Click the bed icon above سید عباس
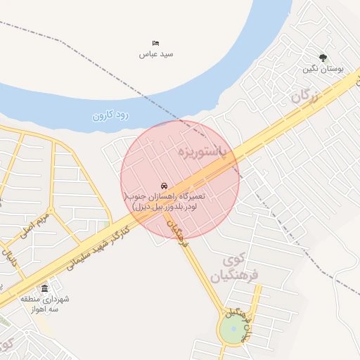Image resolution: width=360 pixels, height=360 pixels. pos(155,44)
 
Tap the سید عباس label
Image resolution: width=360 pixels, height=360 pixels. pos(155,54)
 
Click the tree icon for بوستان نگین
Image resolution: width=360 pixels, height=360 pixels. pos(323,58)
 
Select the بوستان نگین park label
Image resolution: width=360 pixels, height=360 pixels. pos(323,69)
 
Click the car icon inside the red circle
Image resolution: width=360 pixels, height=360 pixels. pos(164,184)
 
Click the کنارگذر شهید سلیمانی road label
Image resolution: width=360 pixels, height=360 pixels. pos(98,246)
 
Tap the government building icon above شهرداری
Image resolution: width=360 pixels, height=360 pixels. pos(45,289)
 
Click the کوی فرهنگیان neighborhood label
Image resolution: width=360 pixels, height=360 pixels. pos(240,267)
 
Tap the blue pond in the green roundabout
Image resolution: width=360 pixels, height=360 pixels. pos(234,328)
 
